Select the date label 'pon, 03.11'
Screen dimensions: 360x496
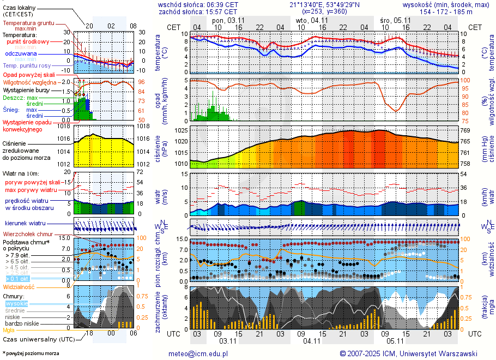(227, 20)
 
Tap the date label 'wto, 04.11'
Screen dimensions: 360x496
(312, 20)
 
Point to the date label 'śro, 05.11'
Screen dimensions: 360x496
(395, 20)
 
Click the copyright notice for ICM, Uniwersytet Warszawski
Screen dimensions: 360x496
(408, 353)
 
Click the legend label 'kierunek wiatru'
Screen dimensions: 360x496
(25, 224)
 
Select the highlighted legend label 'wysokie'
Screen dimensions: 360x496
(16, 303)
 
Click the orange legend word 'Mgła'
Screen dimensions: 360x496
(9, 330)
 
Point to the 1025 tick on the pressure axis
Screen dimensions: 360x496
(181, 131)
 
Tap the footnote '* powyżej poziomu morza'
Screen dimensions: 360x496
(31, 353)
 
